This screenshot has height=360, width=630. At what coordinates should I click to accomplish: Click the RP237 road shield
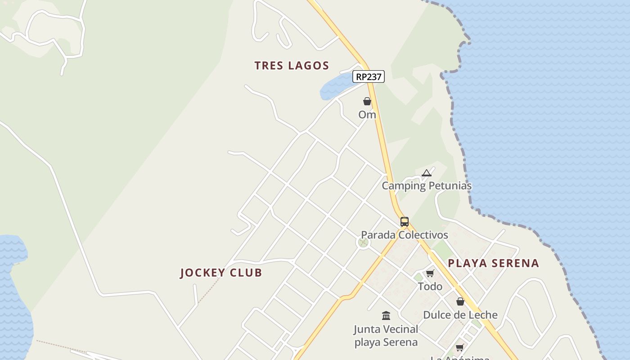pyautogui.click(x=369, y=77)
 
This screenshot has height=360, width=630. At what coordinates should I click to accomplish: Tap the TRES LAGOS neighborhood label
pyautogui.click(x=292, y=66)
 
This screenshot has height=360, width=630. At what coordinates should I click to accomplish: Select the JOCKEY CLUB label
pyautogui.click(x=221, y=273)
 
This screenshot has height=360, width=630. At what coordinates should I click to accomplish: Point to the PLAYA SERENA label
pyautogui.click(x=493, y=263)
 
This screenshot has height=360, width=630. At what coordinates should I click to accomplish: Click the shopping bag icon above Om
pyautogui.click(x=367, y=102)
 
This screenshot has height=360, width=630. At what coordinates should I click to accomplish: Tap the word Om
pyautogui.click(x=367, y=115)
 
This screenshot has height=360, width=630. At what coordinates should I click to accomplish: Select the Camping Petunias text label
pyautogui.click(x=427, y=186)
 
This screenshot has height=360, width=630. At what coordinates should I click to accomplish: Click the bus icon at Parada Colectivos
pyautogui.click(x=405, y=222)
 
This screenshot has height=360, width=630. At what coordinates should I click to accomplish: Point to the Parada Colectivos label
pyautogui.click(x=405, y=235)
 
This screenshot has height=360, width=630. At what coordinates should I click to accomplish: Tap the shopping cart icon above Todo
pyautogui.click(x=430, y=273)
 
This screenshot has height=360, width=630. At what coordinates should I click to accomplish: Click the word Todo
pyautogui.click(x=430, y=286)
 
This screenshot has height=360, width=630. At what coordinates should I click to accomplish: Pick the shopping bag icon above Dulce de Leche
pyautogui.click(x=460, y=301)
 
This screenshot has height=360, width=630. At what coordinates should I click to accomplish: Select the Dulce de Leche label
pyautogui.click(x=460, y=315)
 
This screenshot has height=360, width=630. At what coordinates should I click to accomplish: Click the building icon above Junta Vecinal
pyautogui.click(x=386, y=315)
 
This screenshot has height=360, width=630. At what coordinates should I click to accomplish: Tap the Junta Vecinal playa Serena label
pyautogui.click(x=386, y=336)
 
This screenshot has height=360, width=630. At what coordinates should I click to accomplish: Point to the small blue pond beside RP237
pyautogui.click(x=335, y=87)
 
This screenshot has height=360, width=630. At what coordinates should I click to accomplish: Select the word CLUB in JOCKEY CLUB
pyautogui.click(x=246, y=273)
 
